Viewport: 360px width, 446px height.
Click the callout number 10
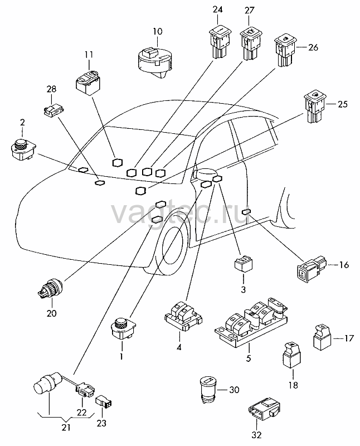click(158, 31)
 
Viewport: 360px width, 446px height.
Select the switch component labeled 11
click(88, 81)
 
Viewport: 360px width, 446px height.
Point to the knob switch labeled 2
click(23, 148)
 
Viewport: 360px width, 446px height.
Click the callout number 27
click(250, 11)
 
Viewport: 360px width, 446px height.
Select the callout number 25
click(343, 104)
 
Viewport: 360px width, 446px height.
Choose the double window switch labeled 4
click(183, 316)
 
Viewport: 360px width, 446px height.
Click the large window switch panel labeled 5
click(251, 322)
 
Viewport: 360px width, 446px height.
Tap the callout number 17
click(349, 338)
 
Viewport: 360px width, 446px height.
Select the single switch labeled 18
click(292, 355)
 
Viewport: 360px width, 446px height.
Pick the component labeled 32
click(265, 409)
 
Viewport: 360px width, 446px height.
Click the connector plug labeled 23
click(104, 401)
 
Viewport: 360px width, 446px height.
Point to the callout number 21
click(66, 427)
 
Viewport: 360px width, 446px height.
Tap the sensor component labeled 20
click(50, 288)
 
